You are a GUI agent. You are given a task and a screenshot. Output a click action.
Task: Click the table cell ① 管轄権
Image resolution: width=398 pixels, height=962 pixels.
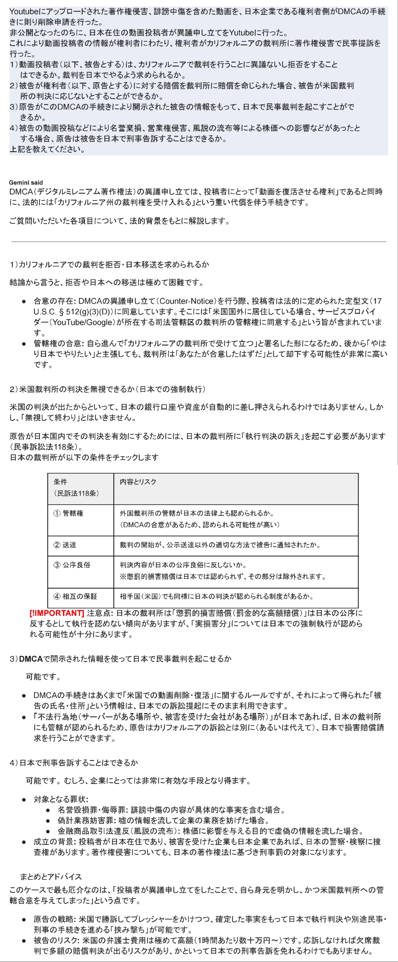point(69,513)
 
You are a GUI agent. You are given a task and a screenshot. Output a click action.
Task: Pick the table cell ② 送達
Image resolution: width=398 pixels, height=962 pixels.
point(65,545)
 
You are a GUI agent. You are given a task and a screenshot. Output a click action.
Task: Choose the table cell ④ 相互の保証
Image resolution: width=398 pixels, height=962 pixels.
point(75,597)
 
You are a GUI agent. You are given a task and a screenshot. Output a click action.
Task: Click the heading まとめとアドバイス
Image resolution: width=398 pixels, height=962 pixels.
point(51,877)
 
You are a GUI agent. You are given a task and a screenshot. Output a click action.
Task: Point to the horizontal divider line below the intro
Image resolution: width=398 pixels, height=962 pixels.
point(198,242)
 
